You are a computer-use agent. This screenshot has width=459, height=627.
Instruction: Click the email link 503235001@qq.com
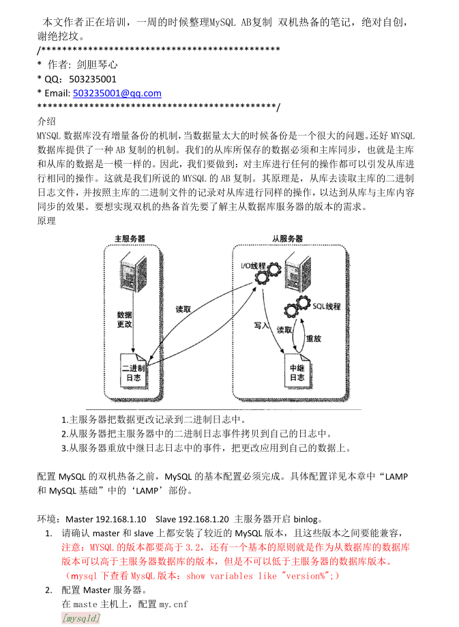117,93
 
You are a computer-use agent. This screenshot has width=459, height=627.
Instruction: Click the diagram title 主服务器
130,239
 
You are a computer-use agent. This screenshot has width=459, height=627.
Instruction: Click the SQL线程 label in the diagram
327,306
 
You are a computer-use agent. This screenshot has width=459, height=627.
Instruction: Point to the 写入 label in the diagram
263,325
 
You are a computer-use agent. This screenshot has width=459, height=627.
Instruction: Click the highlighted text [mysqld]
80,618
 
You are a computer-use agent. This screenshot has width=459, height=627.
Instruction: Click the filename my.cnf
173,604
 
